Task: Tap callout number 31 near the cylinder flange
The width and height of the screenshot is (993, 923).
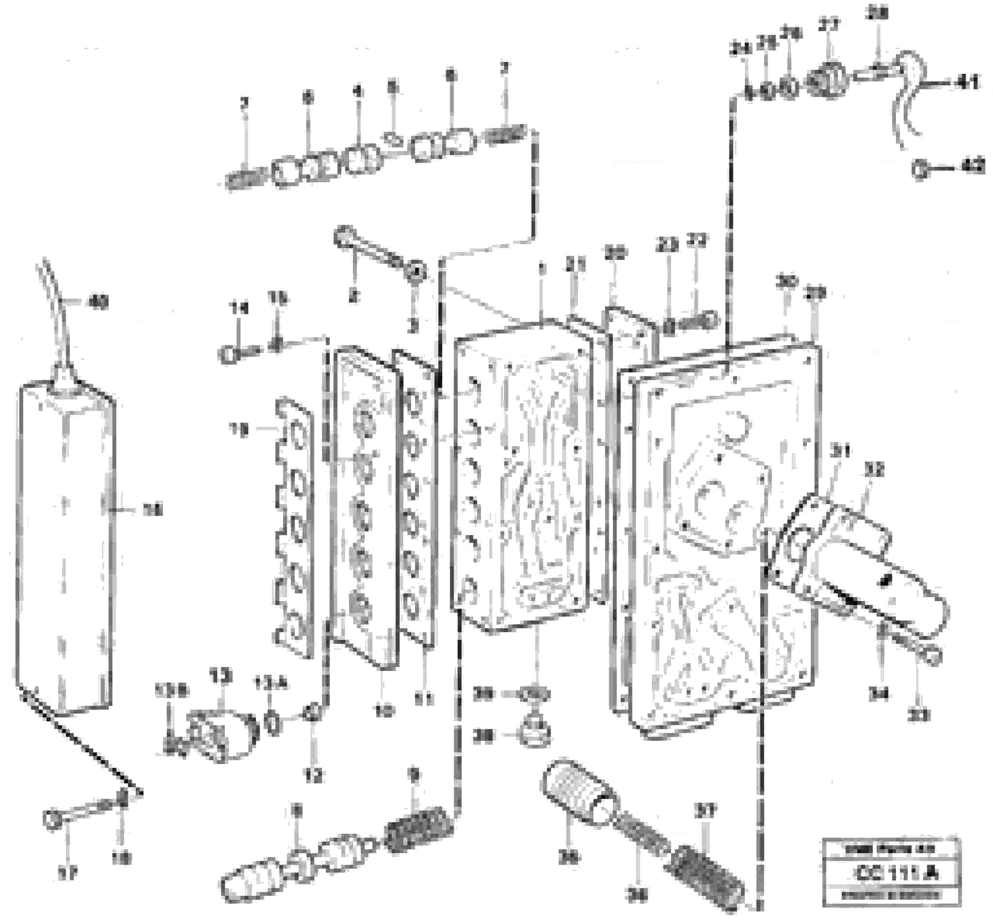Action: click(840, 452)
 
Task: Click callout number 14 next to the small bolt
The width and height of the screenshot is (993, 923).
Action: click(238, 309)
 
